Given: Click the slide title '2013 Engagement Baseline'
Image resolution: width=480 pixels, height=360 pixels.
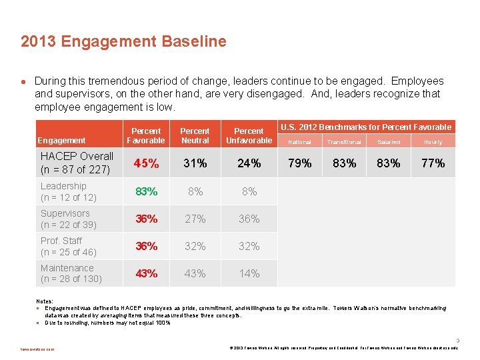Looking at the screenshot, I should point(123,42).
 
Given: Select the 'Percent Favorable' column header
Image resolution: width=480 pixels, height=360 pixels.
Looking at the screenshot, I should point(146,136).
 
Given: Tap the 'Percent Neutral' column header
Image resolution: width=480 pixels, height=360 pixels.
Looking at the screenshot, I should point(195,136).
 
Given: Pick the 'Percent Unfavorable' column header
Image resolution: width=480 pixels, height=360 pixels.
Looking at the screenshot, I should point(249,136).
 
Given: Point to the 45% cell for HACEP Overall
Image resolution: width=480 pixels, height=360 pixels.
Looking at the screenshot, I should point(146,163).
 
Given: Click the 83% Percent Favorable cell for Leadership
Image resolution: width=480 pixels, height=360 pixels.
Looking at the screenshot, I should point(146,191).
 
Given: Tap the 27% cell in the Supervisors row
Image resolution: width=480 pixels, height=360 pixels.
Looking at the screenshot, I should point(195,219).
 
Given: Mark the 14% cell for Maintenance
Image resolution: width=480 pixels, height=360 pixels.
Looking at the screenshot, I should point(249,273).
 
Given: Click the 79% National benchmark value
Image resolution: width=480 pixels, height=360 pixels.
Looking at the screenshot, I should point(299,163).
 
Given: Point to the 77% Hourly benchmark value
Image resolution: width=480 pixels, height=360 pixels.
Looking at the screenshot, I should point(433,163).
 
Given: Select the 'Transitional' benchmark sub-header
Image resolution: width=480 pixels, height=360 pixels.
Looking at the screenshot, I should point(344,142).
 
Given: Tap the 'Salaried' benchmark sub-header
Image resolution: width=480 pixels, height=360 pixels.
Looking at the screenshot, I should point(389,142).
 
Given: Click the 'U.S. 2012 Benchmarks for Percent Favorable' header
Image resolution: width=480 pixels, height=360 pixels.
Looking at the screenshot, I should point(366,127).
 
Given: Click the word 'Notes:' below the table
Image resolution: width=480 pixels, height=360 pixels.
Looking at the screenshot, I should point(45,301).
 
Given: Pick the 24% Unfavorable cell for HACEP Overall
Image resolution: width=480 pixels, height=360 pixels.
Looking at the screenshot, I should point(249,163).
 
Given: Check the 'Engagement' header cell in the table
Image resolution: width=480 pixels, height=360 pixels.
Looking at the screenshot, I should point(61,141).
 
